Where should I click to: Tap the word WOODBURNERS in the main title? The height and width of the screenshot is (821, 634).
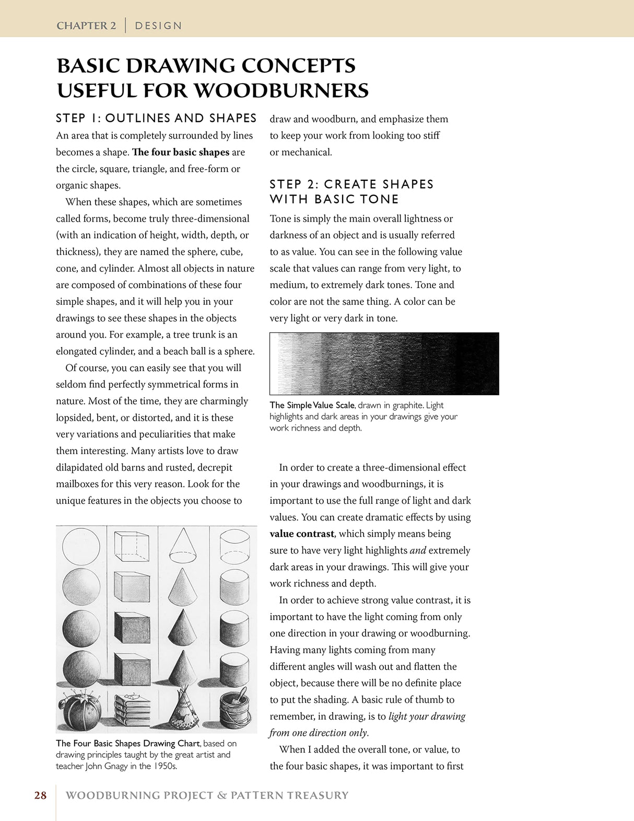[x=281, y=90]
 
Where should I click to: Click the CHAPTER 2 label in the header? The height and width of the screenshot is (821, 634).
[x=86, y=26]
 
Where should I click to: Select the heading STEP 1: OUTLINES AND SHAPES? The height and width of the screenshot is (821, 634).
[x=156, y=118]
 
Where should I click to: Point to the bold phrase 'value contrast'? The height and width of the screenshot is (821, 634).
[x=302, y=534]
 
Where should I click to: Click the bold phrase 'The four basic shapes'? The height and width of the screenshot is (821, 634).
[x=181, y=152]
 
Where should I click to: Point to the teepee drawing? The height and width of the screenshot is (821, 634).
[x=183, y=710]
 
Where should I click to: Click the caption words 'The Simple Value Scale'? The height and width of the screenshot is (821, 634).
[x=312, y=405]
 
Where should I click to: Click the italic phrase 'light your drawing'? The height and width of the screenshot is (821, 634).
[x=427, y=716]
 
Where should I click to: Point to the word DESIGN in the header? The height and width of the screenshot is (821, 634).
[x=158, y=26]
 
